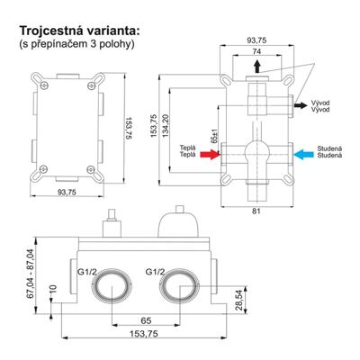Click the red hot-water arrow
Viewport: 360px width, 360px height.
point(210,155)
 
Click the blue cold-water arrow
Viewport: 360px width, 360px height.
point(303,155)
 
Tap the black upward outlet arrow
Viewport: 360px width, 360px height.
point(256,66)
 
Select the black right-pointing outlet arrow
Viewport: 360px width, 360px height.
point(301,105)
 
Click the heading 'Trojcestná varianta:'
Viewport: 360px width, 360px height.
point(80,31)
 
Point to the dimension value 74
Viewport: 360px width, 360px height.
point(256,51)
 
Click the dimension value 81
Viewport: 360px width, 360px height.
point(256,211)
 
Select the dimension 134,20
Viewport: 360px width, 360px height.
point(165,126)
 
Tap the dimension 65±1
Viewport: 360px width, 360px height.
point(214,136)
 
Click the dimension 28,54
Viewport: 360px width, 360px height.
point(241,301)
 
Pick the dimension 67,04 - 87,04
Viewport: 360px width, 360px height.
point(31,274)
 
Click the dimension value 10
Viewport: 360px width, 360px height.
point(53,289)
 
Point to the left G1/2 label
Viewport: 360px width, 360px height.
point(87,272)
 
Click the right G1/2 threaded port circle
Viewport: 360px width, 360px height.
point(179,272)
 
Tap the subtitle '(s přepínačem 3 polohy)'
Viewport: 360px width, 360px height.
point(76,44)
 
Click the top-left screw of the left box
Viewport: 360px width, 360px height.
point(44,85)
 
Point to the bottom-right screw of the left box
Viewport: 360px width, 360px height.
point(91,170)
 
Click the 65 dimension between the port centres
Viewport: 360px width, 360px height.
point(146,320)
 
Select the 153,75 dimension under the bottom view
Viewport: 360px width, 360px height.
point(144,334)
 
